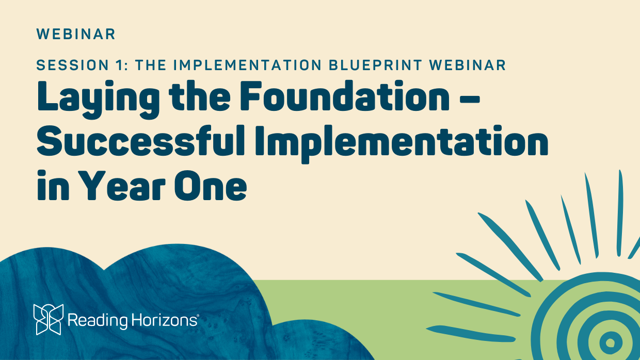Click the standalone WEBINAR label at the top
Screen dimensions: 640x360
(76, 34)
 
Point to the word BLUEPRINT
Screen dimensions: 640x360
(375, 65)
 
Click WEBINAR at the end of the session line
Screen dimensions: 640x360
(468, 65)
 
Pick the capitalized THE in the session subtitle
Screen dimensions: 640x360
(151, 65)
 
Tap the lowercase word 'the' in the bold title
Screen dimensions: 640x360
(199, 96)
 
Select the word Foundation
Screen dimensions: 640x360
(345, 96)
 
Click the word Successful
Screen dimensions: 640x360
(141, 141)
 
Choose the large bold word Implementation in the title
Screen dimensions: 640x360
(402, 144)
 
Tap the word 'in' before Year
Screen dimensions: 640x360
(53, 185)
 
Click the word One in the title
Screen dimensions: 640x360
(210, 186)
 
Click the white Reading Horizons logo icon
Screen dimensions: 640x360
(49, 319)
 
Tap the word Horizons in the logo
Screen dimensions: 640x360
(164, 320)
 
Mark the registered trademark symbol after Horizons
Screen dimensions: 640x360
(198, 315)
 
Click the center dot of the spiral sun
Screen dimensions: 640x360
(610, 342)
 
